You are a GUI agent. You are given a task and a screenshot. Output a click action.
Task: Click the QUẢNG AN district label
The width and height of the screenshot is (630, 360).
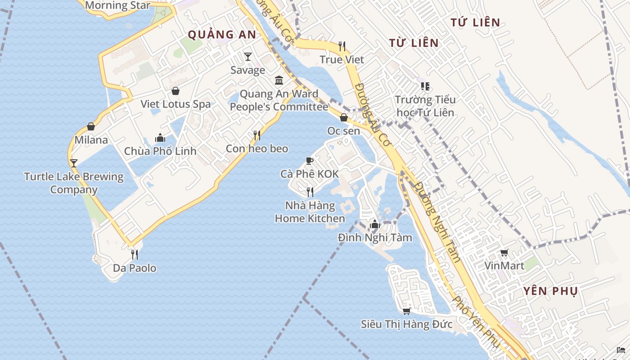tap(222, 35)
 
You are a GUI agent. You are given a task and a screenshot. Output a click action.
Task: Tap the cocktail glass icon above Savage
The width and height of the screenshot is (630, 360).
tap(247, 56)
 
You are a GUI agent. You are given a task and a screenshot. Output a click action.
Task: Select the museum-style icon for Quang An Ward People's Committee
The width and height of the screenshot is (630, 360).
tap(279, 81)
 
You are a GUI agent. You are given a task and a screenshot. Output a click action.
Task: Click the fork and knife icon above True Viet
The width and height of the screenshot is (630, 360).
tap(342, 46)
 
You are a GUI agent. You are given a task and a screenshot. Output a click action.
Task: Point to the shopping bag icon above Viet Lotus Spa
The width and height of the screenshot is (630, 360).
tap(175, 91)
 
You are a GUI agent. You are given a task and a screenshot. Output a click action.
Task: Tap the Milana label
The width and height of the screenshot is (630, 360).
tap(91, 140)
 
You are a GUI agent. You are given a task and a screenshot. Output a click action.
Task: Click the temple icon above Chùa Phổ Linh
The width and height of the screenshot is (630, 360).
tap(160, 138)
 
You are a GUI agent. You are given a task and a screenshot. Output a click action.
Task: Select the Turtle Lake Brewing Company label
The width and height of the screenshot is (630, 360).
tap(74, 183)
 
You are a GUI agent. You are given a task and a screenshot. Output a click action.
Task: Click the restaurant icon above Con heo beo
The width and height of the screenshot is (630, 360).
tap(257, 135)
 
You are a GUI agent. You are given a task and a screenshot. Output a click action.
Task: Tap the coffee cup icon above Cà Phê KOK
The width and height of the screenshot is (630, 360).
tap(309, 161)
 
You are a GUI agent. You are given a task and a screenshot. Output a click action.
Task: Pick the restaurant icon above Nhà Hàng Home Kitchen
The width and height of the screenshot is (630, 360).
tap(310, 192)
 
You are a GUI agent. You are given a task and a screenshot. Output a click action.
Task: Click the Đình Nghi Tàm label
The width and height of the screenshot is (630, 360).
tap(375, 237)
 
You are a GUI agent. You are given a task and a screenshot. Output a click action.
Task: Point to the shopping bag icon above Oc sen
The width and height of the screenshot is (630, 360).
tap(344, 117)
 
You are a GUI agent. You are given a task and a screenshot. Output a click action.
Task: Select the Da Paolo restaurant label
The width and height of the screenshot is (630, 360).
tap(135, 268)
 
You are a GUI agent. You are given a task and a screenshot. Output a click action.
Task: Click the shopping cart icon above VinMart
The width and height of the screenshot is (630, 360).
tap(504, 253)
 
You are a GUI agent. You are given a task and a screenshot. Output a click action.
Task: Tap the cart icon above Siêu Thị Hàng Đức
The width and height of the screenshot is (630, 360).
tap(407, 311)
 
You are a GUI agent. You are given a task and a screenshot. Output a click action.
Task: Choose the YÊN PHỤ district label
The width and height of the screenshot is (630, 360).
tap(550, 291)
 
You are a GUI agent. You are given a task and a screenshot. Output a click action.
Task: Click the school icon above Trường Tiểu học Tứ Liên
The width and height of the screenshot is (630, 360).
tap(425, 86)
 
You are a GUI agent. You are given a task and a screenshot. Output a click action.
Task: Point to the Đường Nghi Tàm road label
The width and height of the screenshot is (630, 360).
tap(437, 221)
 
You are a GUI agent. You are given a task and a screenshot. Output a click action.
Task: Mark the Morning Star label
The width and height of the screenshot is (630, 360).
tap(117, 5)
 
